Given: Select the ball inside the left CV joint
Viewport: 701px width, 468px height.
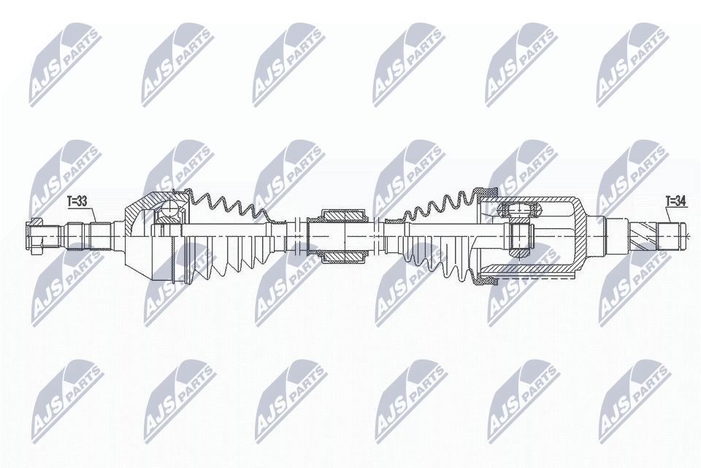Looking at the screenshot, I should click(x=169, y=211).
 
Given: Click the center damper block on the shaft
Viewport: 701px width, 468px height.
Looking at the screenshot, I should click(x=337, y=236).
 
